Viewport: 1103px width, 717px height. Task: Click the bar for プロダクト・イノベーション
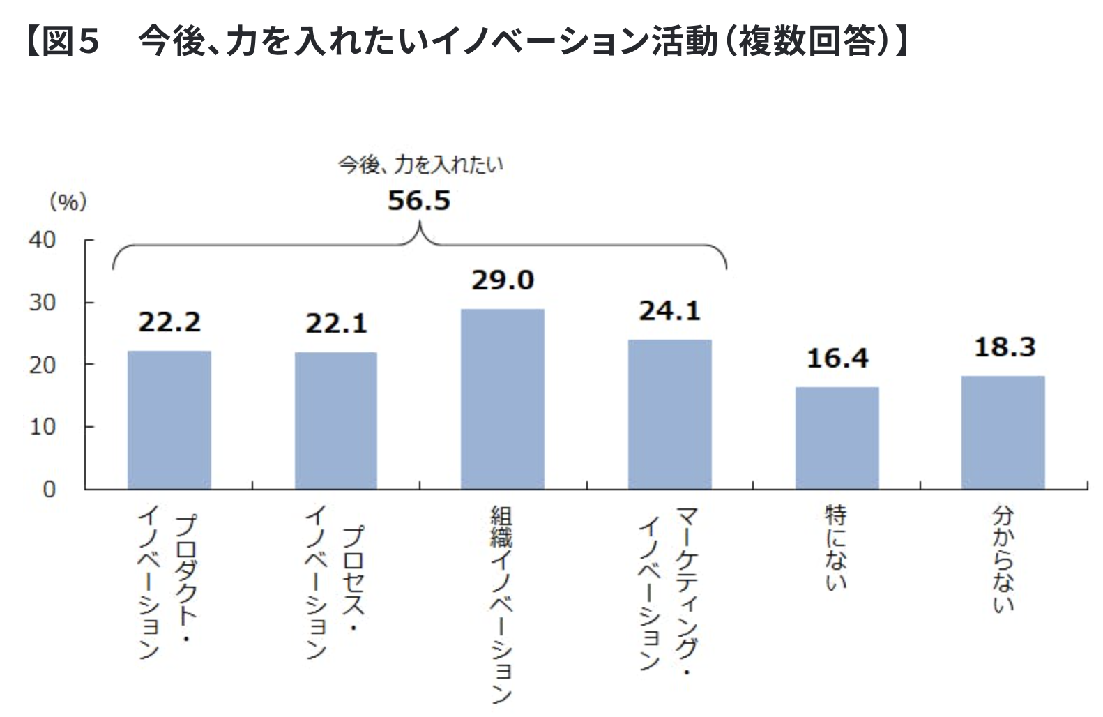click(x=169, y=420)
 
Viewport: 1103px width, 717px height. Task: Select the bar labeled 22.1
click(x=336, y=421)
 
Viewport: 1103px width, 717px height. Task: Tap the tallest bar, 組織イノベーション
click(x=503, y=399)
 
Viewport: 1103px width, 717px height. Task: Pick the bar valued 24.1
click(x=670, y=414)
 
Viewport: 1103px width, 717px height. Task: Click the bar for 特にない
click(x=837, y=438)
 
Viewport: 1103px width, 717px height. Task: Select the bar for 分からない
click(x=1003, y=432)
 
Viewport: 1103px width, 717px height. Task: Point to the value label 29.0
click(x=503, y=280)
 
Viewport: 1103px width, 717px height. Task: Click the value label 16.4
click(x=837, y=358)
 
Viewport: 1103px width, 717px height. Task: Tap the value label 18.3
click(x=1004, y=347)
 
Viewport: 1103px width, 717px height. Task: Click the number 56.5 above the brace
click(x=419, y=201)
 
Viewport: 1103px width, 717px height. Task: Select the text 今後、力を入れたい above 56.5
click(x=420, y=165)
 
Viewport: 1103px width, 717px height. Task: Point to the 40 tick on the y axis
click(x=42, y=240)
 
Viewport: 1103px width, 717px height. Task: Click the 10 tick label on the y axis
click(x=42, y=427)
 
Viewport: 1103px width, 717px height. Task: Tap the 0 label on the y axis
click(x=49, y=489)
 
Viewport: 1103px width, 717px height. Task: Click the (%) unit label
click(x=68, y=202)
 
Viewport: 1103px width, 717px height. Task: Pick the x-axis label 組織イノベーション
click(x=502, y=604)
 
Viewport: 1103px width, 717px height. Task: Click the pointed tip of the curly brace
click(x=420, y=225)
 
